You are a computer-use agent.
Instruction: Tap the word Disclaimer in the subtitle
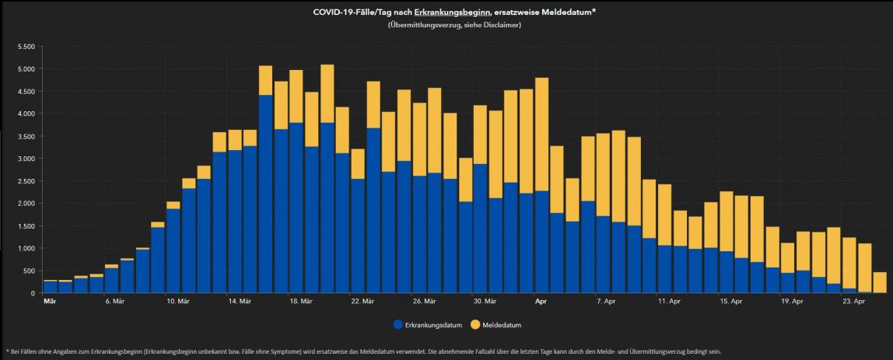pos(502,25)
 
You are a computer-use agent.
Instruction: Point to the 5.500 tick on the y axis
pos(25,47)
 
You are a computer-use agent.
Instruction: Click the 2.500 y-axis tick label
pos(25,181)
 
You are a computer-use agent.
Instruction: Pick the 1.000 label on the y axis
pos(25,249)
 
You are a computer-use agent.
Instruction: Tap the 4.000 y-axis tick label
pos(25,114)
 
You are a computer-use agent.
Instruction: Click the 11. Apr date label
pos(669,300)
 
